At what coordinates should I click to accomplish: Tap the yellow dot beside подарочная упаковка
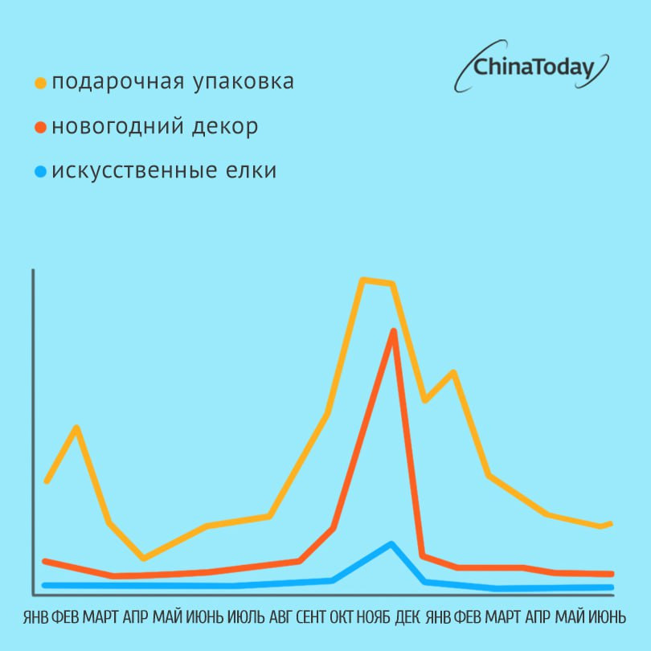click(x=40, y=83)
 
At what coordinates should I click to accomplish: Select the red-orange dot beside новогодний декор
click(x=40, y=128)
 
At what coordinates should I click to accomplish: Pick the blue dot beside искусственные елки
click(x=40, y=172)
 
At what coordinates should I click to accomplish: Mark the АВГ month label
click(x=280, y=617)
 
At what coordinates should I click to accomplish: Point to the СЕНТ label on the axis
click(x=311, y=617)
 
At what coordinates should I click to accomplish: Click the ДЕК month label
click(x=407, y=617)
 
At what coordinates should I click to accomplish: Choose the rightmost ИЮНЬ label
click(x=608, y=617)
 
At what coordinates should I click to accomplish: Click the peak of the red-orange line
click(x=393, y=330)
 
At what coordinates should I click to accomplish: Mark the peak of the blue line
click(x=391, y=544)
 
